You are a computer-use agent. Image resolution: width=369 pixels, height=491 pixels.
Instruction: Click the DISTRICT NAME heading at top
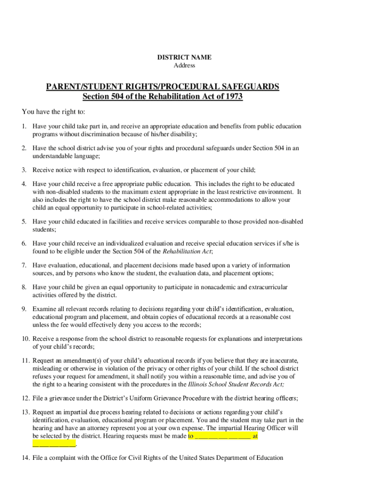(184, 58)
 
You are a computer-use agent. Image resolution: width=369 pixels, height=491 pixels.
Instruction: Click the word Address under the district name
(184, 65)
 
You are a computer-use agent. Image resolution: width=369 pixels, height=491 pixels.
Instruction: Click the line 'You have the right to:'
(54, 112)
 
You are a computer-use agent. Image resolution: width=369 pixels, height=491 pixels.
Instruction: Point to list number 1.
(23, 127)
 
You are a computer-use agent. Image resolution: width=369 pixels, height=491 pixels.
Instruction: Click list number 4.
(23, 184)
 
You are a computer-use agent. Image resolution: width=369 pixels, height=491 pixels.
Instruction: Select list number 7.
(23, 265)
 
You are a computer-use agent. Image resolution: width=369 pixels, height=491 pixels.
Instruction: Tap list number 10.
(25, 339)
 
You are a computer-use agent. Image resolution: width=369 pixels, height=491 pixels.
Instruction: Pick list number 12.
(25, 398)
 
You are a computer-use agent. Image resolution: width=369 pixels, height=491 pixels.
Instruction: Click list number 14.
(25, 458)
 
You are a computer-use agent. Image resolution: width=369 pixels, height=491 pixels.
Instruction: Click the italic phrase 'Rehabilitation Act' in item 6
(187, 251)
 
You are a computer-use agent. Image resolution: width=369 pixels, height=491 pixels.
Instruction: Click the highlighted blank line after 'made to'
(222, 436)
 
